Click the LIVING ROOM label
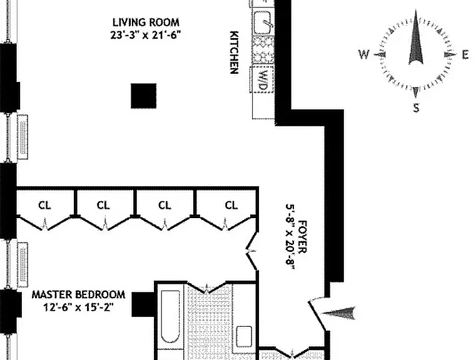pyautogui.click(x=146, y=22)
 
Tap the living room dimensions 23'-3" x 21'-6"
pyautogui.click(x=145, y=35)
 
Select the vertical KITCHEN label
pyautogui.click(x=234, y=52)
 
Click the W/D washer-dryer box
pyautogui.click(x=262, y=80)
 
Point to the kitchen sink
pyautogui.click(x=262, y=22)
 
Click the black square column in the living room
pyautogui.click(x=144, y=96)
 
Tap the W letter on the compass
pyautogui.click(x=364, y=55)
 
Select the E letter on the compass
pyautogui.click(x=465, y=55)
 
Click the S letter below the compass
pyautogui.click(x=416, y=107)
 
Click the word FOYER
pyautogui.click(x=303, y=237)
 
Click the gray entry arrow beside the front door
pyautogui.click(x=338, y=313)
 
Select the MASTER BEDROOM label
pyautogui.click(x=79, y=294)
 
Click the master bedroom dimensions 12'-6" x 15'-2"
pyautogui.click(x=79, y=307)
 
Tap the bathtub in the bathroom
pyautogui.click(x=170, y=317)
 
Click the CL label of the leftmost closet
pyautogui.click(x=44, y=206)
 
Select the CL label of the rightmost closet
pyautogui.click(x=231, y=206)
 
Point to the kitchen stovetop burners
pyautogui.click(x=263, y=50)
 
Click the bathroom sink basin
pyautogui.click(x=244, y=336)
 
